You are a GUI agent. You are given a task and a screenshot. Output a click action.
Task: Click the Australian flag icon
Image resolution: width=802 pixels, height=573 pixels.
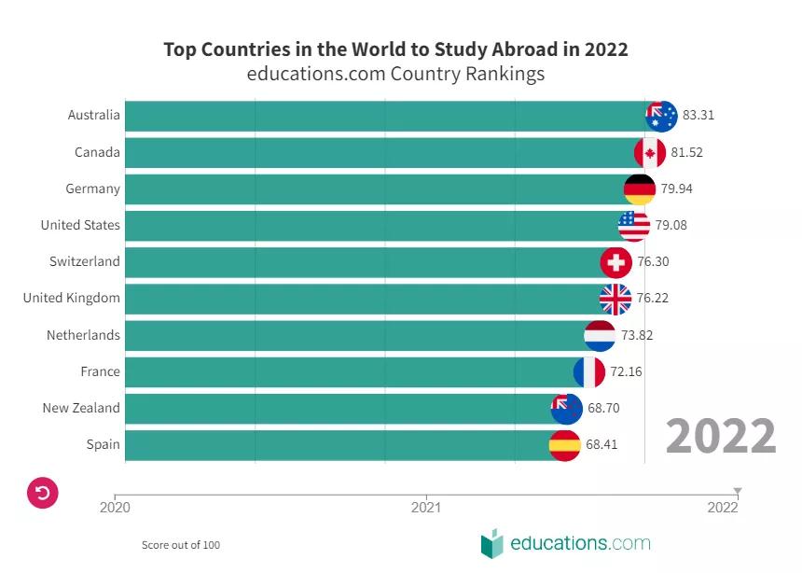(661, 116)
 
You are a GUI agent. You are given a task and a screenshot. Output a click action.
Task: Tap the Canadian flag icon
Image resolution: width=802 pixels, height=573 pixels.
(650, 152)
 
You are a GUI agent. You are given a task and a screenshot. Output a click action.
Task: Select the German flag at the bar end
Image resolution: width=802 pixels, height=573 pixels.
(640, 189)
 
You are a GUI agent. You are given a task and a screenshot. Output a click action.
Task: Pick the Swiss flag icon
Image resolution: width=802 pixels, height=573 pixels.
(615, 262)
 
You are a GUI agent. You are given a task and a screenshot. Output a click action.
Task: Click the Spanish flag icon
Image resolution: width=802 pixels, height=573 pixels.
(565, 445)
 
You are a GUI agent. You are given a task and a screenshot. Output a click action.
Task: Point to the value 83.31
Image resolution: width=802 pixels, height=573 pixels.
(698, 116)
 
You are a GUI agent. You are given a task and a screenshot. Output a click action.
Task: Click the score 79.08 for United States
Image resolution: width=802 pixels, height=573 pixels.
(671, 225)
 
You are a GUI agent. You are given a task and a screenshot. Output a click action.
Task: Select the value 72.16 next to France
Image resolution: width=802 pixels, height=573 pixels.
(626, 371)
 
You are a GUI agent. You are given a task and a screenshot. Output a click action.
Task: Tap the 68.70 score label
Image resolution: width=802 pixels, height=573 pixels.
(603, 408)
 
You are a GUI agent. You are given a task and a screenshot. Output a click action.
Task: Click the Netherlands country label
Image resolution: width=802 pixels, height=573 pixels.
(83, 335)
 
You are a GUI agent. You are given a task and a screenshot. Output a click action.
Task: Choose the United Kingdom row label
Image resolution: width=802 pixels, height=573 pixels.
(72, 299)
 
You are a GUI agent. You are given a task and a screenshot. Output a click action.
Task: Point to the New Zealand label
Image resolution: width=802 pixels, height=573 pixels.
(81, 408)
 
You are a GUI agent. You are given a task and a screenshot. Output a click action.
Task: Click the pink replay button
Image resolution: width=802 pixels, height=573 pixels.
(43, 492)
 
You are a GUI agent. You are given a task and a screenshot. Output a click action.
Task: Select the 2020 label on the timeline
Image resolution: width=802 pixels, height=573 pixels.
(115, 508)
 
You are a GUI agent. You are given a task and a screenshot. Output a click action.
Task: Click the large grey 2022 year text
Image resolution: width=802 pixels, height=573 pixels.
(721, 436)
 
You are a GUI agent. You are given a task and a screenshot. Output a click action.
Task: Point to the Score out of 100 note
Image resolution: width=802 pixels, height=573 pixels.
(181, 545)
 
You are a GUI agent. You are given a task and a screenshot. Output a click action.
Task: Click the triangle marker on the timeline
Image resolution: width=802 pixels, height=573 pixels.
(737, 490)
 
